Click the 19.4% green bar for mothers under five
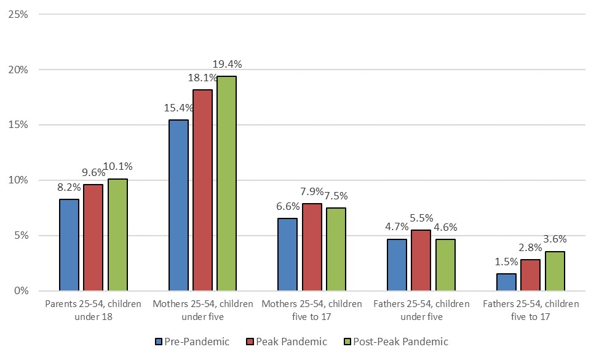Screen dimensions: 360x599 (227, 183)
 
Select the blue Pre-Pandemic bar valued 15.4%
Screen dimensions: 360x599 (178, 205)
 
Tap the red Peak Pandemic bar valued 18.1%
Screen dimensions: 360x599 (202, 190)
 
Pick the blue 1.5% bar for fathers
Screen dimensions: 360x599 (506, 282)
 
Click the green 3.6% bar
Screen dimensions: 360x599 (555, 271)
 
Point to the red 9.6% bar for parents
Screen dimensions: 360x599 (93, 238)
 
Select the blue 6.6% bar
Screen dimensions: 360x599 (287, 254)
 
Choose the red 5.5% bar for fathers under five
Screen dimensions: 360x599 (421, 260)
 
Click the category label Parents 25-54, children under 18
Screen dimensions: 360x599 (93, 310)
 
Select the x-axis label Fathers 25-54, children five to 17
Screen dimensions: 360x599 (531, 310)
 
